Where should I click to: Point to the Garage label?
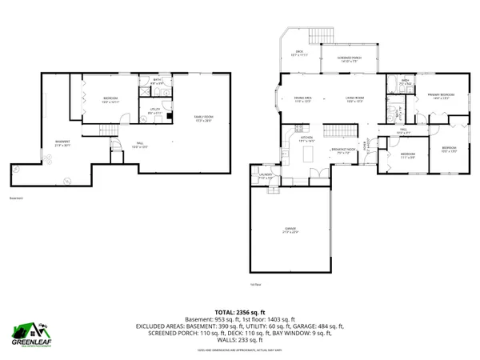pyautogui.click(x=290, y=230)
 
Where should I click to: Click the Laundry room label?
pyautogui.click(x=266, y=177)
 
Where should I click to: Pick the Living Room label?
pyautogui.click(x=355, y=99)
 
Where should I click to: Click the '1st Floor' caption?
pyautogui.click(x=255, y=285)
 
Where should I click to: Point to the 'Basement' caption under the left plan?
pyautogui.click(x=17, y=198)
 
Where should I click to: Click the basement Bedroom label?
pyautogui.click(x=110, y=100)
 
